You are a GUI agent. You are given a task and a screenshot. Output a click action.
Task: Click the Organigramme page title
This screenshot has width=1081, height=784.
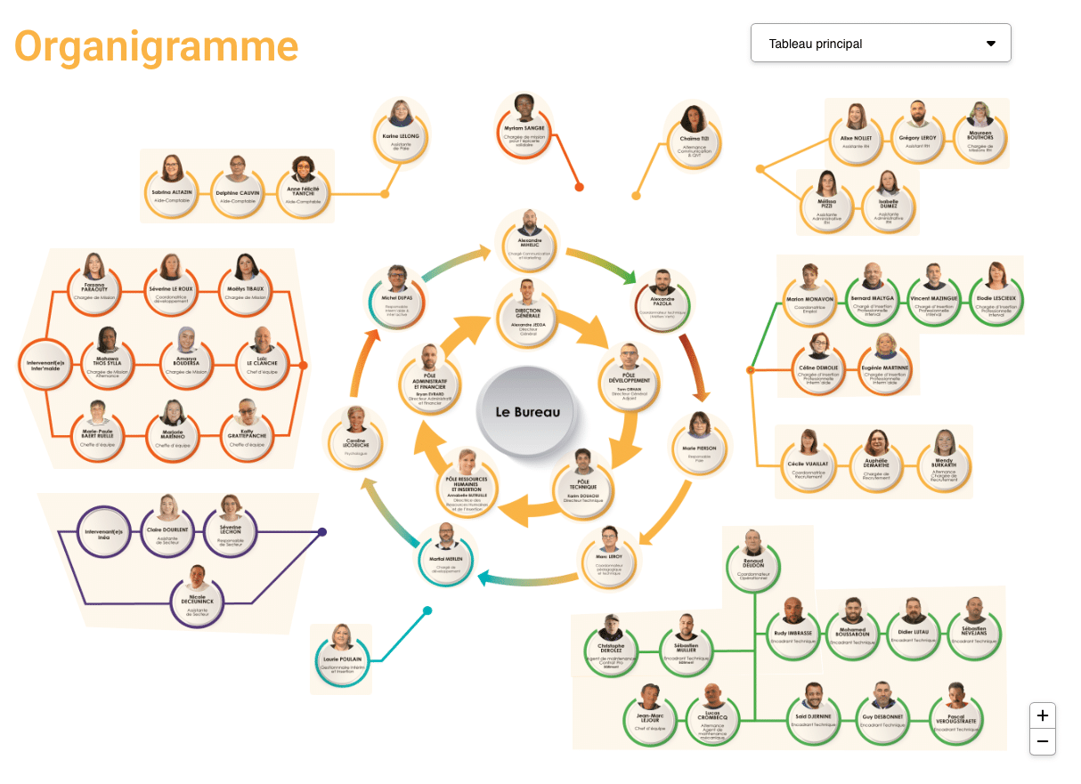pos(157,46)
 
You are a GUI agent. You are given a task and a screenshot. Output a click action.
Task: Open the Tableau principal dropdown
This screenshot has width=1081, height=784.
pos(881,44)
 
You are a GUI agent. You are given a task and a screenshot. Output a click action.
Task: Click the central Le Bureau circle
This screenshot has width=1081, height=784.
pos(528,412)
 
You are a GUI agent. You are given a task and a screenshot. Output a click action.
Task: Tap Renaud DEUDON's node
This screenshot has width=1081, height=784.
pos(753,561)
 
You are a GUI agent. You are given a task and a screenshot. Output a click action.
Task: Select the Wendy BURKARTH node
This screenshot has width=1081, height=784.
pos(945,458)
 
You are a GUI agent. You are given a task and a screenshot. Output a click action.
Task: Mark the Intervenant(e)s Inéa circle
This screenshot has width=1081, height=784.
pos(105,535)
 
